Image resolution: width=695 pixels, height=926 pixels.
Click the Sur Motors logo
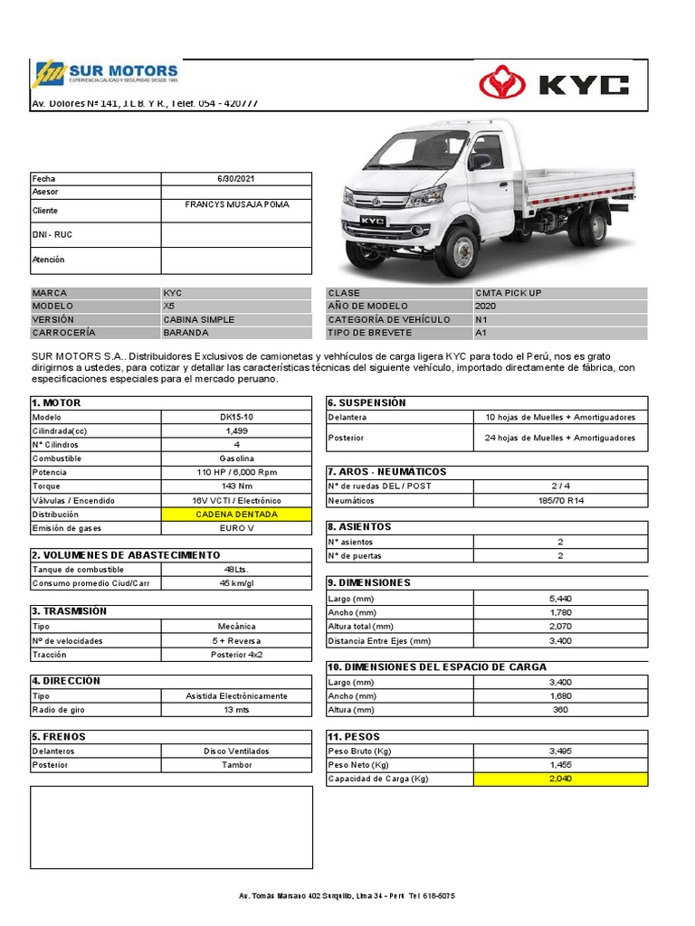105,74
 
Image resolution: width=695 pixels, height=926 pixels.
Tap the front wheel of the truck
459,250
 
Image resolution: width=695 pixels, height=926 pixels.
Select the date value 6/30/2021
236,179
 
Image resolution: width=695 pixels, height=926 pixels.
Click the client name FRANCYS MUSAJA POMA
237,204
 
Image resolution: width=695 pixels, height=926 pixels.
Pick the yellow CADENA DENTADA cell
237,514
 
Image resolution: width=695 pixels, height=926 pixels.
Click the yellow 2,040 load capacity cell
560,779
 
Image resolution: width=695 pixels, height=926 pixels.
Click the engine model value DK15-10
237,417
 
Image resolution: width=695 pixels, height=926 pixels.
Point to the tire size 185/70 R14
560,500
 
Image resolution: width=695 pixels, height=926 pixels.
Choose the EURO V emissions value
237,528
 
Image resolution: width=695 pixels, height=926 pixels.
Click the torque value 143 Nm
237,487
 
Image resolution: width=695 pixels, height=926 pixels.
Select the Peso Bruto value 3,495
560,751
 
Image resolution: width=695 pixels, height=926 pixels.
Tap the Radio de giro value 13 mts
237,710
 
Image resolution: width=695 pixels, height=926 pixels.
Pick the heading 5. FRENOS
59,736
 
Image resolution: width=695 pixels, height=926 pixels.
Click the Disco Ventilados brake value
237,751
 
